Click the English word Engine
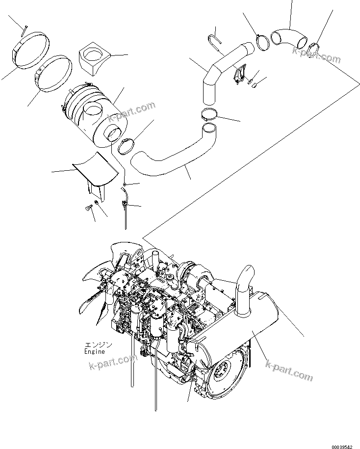click(x=94, y=352)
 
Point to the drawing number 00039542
click(x=341, y=445)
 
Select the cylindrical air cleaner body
click(x=93, y=115)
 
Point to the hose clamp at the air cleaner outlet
click(x=127, y=146)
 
